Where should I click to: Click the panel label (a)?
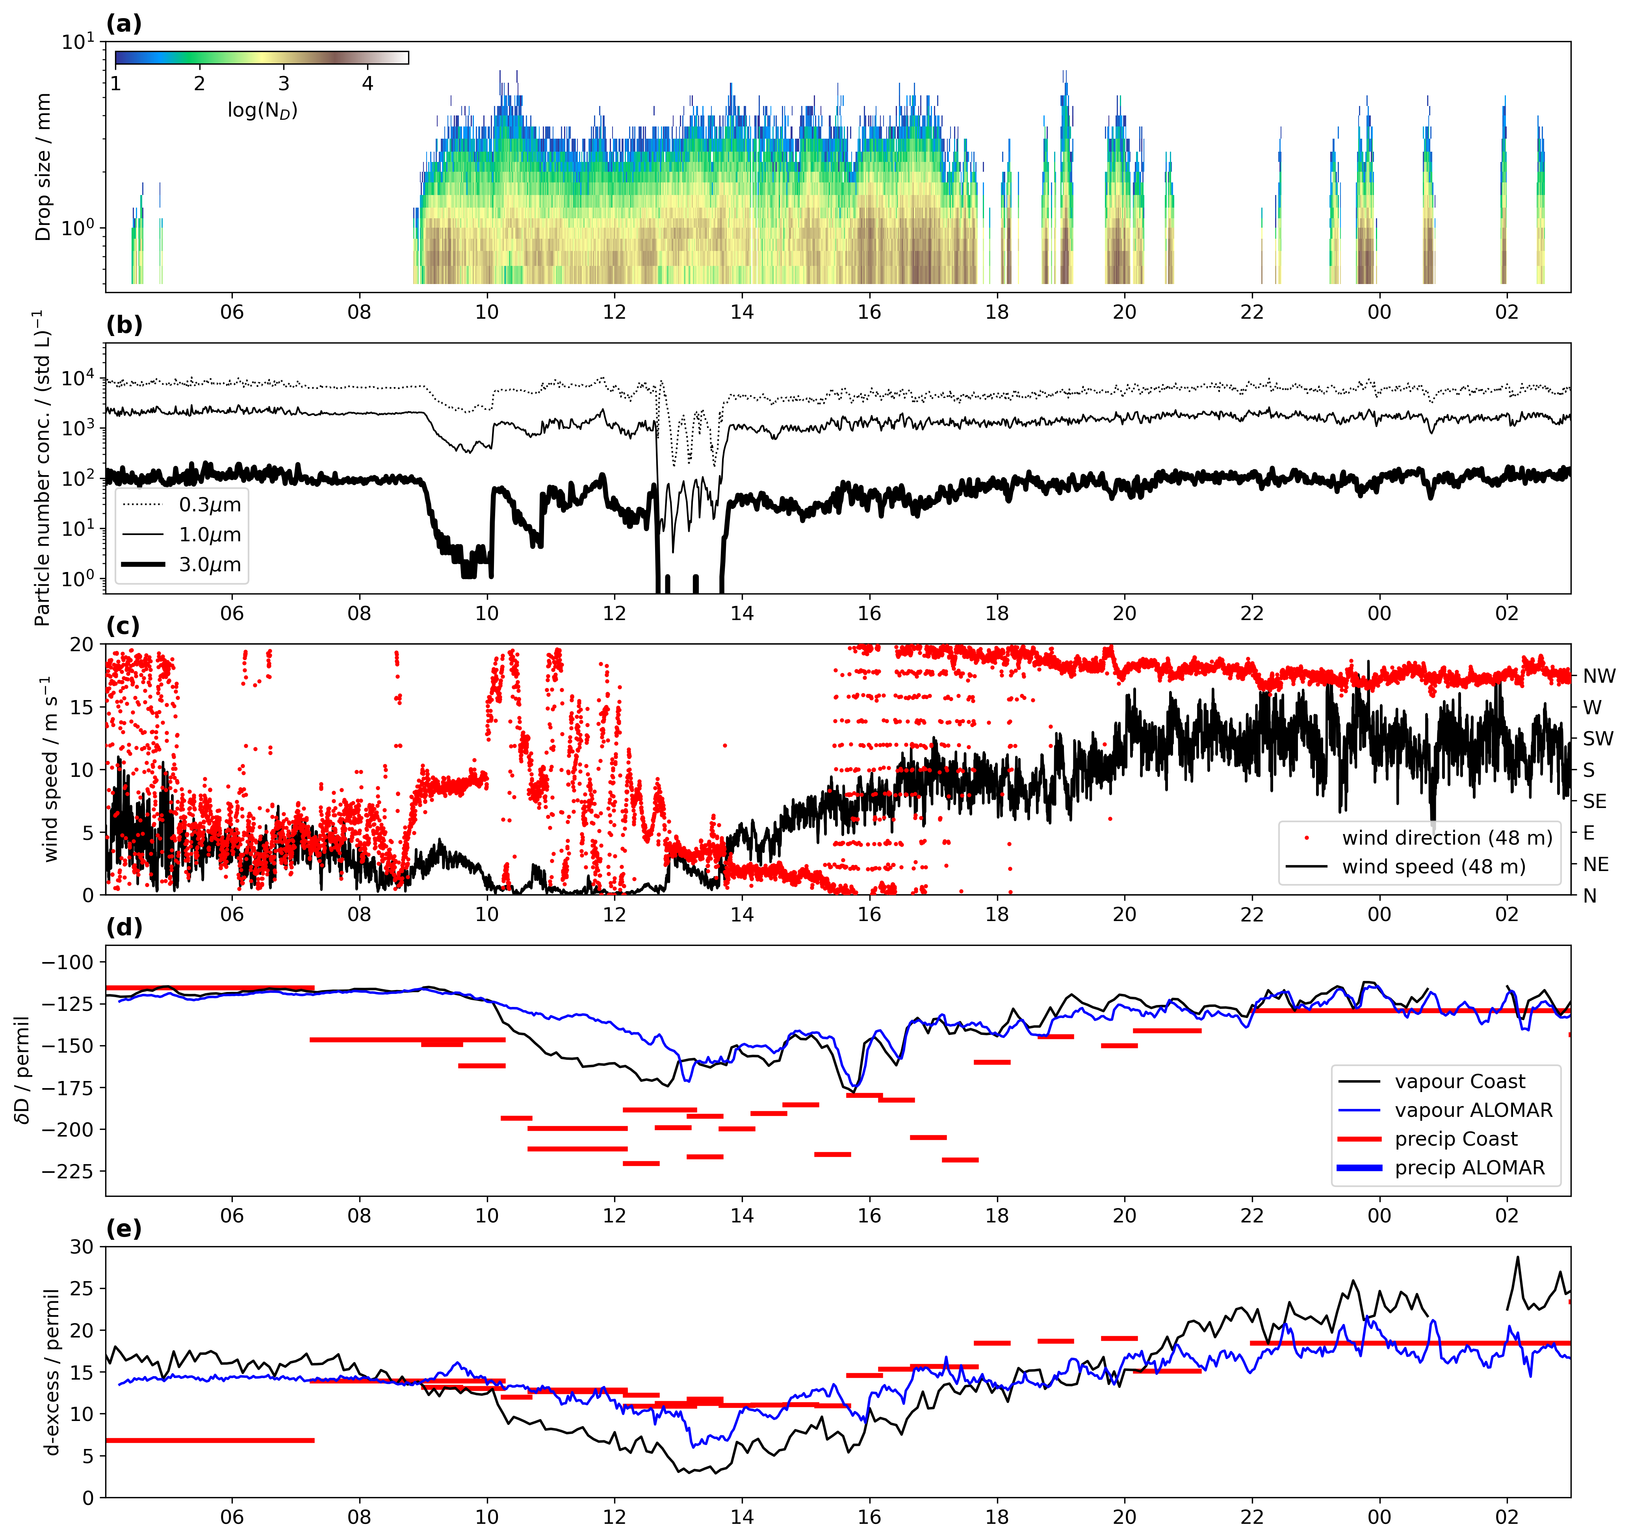(x=124, y=24)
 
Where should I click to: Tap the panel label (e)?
(x=124, y=1228)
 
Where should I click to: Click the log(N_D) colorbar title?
(x=262, y=110)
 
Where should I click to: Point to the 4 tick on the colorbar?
(x=368, y=84)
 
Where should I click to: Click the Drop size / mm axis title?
(x=43, y=166)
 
